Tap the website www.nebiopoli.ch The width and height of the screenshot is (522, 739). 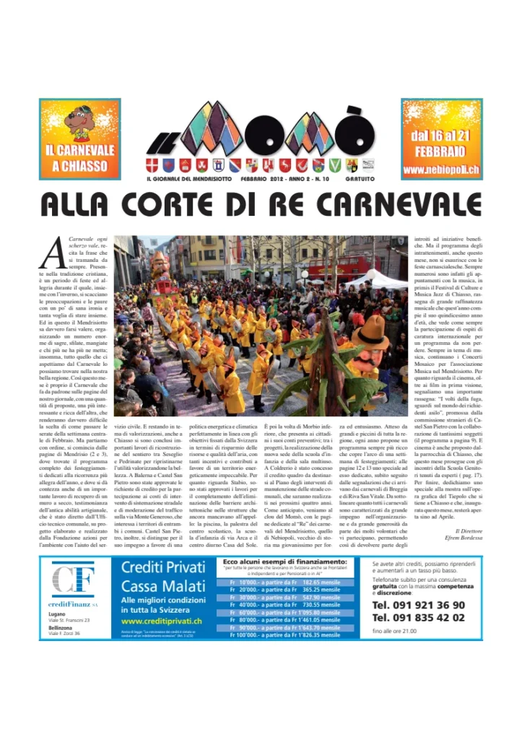(441, 170)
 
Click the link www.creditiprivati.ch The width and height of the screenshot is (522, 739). (162, 621)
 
